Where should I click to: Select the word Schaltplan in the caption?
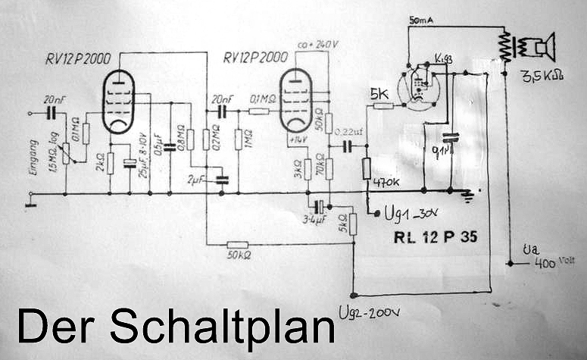pos(222,327)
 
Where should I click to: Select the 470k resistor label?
pos(388,183)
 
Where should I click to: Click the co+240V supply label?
pos(317,43)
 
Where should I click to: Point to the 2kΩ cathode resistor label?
pos(101,164)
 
